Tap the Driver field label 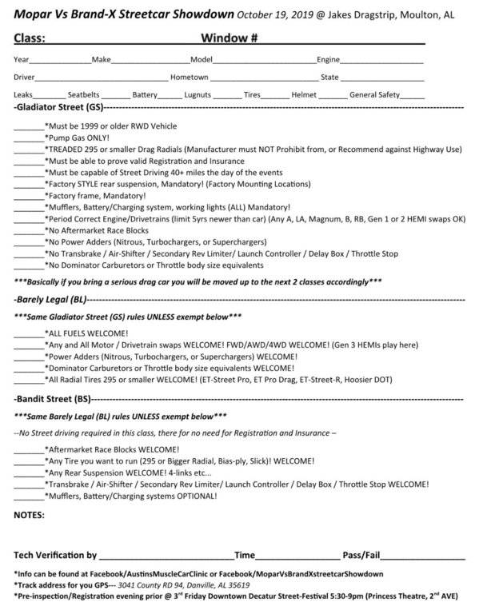coord(24,78)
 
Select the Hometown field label coord(189,78)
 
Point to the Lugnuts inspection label coord(197,94)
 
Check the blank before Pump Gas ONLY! coord(29,138)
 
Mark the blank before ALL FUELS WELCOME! coord(29,331)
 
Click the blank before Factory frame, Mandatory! coord(29,195)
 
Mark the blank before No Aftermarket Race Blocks coord(29,229)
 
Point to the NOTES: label coord(30,516)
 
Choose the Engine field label coord(329,60)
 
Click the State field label coord(329,78)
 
